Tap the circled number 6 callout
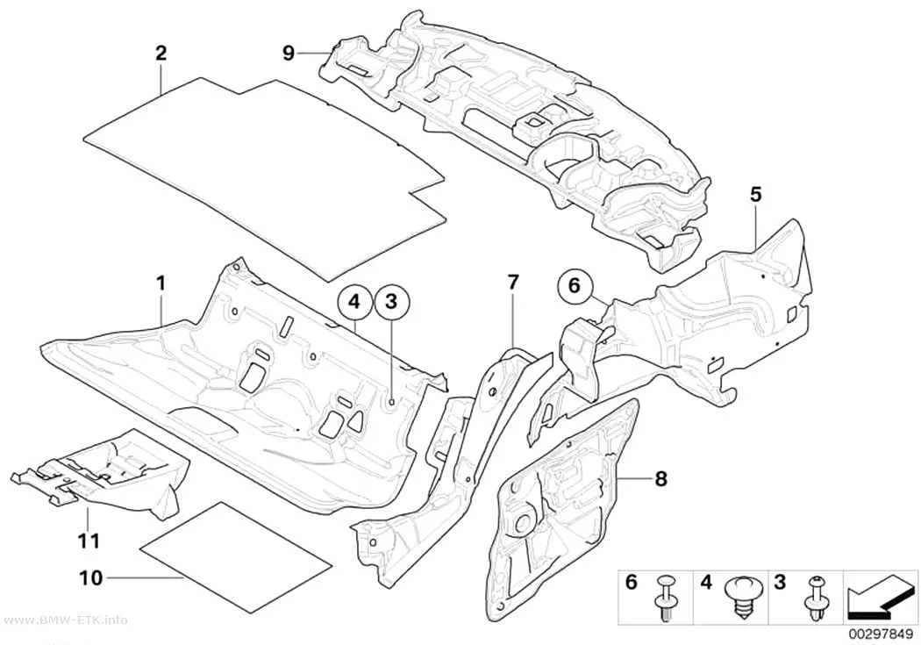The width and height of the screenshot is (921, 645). coord(574,286)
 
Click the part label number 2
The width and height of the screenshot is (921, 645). coord(161,54)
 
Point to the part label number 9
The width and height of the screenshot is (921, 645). coord(289,54)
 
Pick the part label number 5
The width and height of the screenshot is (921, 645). coord(755,194)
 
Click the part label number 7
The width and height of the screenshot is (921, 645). coord(513,283)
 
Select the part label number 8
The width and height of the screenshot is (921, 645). coord(660,479)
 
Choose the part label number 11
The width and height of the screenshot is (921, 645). coord(89,540)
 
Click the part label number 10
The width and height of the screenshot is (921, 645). coord(91,578)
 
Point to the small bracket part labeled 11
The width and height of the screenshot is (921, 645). coord(102,470)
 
